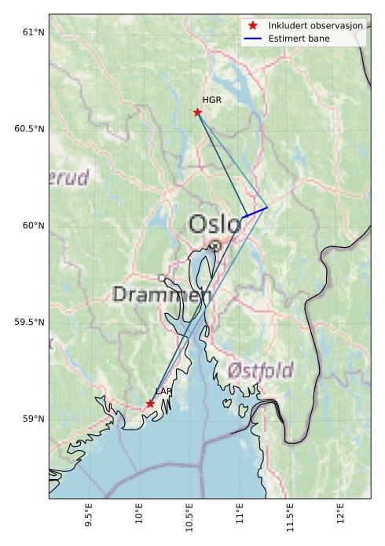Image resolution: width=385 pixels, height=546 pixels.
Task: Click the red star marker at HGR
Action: pos(197,112)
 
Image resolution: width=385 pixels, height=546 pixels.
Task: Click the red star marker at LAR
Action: pos(150,404)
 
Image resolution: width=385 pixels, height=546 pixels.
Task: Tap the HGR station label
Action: pos(212,100)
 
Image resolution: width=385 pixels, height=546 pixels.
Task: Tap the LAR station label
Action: pos(163,391)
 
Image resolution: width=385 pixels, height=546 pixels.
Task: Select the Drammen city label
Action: pos(162,295)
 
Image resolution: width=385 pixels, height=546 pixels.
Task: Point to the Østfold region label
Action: pos(260,370)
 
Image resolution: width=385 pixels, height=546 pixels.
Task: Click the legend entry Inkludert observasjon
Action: pos(315,26)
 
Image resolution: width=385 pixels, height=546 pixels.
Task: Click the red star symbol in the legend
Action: pos(253,26)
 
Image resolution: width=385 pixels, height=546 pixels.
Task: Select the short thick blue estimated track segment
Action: pos(255,212)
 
